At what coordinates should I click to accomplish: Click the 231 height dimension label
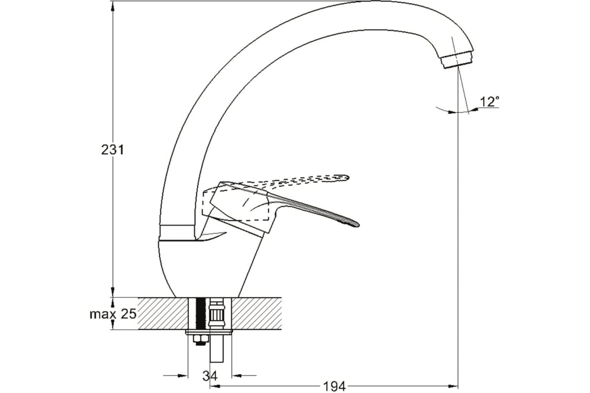[x=113, y=150]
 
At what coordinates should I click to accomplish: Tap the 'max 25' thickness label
[x=113, y=314]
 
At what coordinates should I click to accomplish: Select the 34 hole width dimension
[x=210, y=376]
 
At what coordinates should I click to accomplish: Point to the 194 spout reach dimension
[x=334, y=387]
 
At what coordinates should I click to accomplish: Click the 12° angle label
[x=490, y=102]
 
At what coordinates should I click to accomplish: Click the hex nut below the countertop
[x=201, y=339]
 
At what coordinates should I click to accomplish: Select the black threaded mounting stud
[x=201, y=313]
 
